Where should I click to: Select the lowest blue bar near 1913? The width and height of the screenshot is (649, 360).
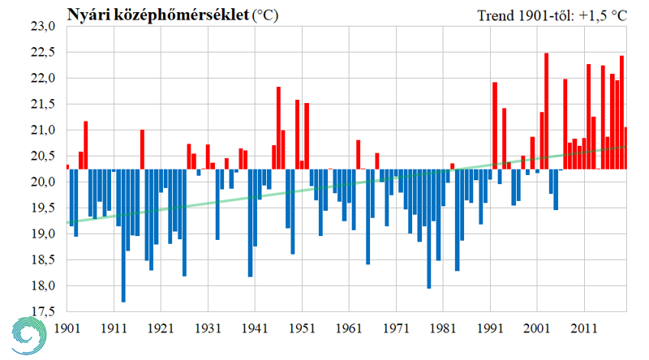123,235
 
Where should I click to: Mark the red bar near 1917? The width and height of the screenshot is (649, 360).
142,149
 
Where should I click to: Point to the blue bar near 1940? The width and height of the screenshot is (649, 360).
250,223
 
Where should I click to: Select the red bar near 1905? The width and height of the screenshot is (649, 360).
86,145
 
